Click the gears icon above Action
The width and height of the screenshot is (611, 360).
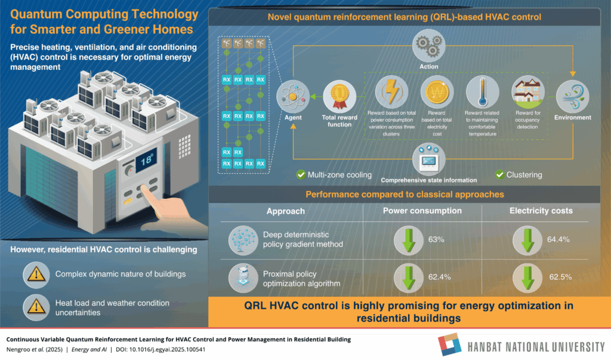click(428, 45)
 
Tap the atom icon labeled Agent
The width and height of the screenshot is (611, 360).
click(292, 96)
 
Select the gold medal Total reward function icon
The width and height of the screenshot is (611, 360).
click(340, 96)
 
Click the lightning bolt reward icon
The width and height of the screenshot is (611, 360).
click(391, 92)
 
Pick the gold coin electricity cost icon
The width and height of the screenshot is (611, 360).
click(437, 92)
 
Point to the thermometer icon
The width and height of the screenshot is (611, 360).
click(482, 92)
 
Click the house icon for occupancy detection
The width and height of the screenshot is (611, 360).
click(528, 92)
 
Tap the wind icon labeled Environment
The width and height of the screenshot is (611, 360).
click(572, 96)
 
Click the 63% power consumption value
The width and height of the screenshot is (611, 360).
click(436, 239)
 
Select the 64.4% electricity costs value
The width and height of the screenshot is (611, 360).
click(558, 239)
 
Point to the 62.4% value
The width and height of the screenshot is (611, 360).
click(440, 277)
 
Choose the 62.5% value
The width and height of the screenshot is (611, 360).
click(560, 277)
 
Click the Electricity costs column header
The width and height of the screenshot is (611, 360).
click(541, 211)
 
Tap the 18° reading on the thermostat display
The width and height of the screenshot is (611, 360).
click(147, 160)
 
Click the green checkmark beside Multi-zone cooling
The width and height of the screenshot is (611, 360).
click(301, 175)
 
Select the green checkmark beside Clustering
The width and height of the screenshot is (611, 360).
click(499, 175)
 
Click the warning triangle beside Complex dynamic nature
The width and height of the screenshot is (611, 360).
click(36, 275)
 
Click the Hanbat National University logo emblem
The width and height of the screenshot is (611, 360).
click(450, 344)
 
